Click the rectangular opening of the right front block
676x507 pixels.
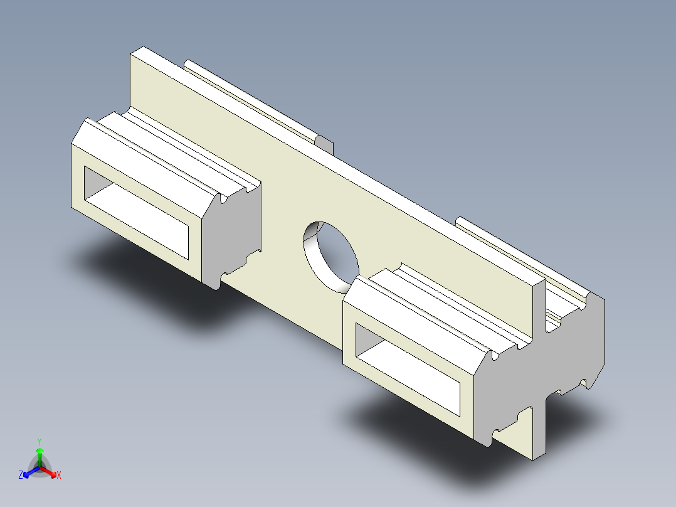(x=408, y=364)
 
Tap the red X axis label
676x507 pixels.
(x=59, y=476)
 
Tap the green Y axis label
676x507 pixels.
(x=40, y=440)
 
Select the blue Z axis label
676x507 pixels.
(x=21, y=476)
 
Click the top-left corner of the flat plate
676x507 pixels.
(x=131, y=54)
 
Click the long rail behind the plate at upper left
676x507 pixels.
(x=251, y=100)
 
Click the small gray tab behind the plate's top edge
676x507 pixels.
(x=325, y=144)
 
